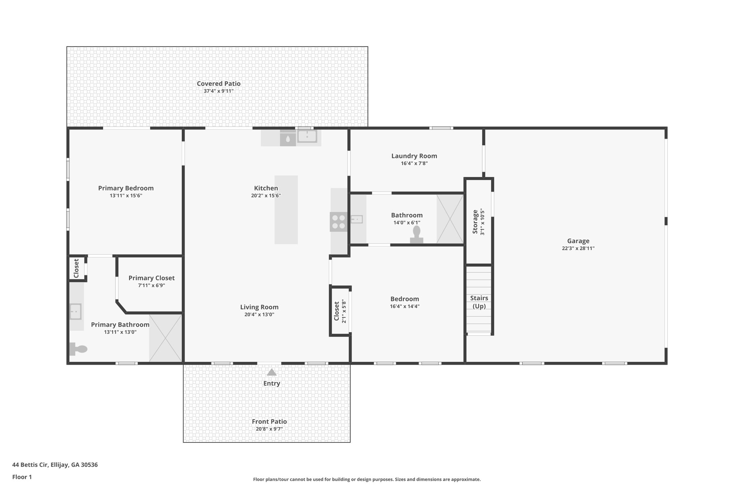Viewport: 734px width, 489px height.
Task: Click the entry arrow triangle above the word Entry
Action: click(x=272, y=372)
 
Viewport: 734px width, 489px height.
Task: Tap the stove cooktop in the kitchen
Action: click(x=339, y=222)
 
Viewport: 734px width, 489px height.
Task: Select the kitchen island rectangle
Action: click(x=286, y=210)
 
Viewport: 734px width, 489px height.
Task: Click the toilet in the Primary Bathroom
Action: click(x=79, y=349)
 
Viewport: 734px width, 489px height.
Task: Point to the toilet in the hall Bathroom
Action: click(x=416, y=235)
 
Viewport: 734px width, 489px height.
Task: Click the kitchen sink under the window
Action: click(x=307, y=136)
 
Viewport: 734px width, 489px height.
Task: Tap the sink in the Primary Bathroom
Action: click(x=76, y=311)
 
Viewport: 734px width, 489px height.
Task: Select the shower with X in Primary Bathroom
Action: click(x=165, y=338)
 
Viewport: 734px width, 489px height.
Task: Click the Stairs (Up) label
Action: click(x=479, y=302)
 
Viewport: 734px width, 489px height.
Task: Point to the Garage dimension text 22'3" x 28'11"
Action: click(x=578, y=248)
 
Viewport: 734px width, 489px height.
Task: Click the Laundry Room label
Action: click(x=414, y=156)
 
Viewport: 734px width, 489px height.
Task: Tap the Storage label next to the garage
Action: click(x=475, y=222)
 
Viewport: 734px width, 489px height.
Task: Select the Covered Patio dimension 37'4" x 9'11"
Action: click(x=219, y=91)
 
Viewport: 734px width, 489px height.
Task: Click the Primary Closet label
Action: click(x=152, y=278)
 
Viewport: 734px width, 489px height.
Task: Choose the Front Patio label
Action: click(x=269, y=421)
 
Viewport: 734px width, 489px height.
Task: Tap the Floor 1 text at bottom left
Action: click(x=22, y=477)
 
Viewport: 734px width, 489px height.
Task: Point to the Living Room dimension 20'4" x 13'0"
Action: click(x=259, y=315)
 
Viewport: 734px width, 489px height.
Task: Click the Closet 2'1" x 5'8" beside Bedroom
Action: click(x=340, y=311)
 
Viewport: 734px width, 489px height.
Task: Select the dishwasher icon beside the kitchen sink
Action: click(x=288, y=138)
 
